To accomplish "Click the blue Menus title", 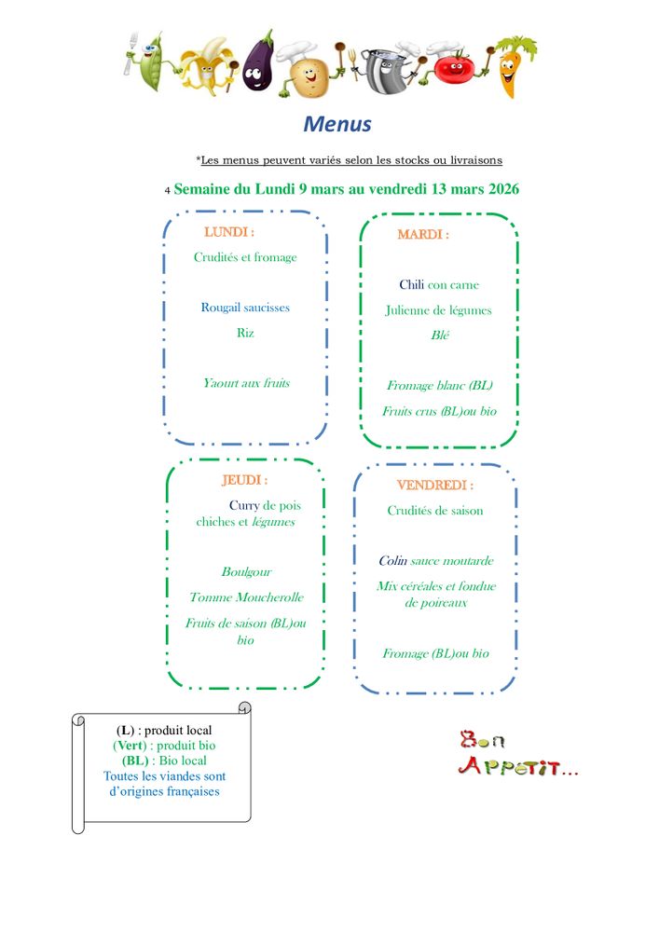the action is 337,124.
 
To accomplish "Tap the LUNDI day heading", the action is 228,232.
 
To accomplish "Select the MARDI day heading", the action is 423,234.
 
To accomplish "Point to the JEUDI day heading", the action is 244,480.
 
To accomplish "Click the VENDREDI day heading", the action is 435,485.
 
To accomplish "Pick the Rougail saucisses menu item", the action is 245,308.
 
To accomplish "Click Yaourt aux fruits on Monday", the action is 247,383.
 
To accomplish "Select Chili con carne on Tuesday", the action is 439,284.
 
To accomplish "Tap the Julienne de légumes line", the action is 438,310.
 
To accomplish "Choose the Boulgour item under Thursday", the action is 246,572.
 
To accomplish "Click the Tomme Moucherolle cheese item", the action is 246,597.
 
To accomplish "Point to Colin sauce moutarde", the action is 436,560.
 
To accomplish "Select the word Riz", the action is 245,333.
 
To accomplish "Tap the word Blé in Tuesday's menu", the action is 440,336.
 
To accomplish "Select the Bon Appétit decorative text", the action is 517,753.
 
